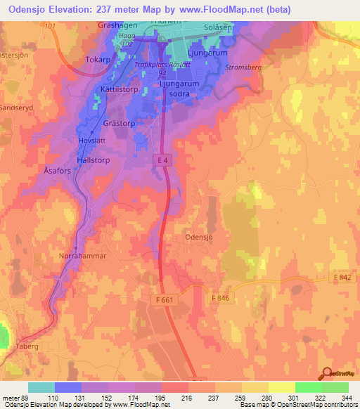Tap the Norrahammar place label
(82, 256)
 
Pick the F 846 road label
(220, 298)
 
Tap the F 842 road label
(342, 278)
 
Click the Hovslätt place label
(91, 140)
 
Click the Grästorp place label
(118, 122)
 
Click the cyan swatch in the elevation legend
(41, 387)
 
